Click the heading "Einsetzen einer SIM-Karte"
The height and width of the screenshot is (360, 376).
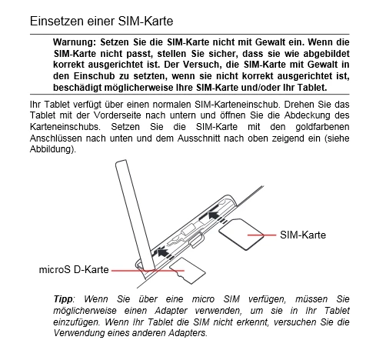tap(101, 21)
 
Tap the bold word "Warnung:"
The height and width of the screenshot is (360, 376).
tap(75, 42)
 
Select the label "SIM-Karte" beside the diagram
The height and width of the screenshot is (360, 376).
tap(303, 235)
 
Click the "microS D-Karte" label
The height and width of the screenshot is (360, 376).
tap(74, 270)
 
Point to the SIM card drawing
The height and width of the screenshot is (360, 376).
tap(241, 234)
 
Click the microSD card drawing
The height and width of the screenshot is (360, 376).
tap(188, 271)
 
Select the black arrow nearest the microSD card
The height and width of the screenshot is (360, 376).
tap(162, 253)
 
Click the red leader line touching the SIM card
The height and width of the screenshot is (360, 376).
tap(261, 235)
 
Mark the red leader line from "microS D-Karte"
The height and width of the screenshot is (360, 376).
tap(148, 270)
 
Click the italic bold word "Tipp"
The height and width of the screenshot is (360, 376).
tap(63, 299)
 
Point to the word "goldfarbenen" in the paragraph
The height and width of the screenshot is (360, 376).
tap(322, 127)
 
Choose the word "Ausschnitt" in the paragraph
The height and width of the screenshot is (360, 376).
tap(199, 138)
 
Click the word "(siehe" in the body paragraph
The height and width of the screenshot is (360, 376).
tap(337, 138)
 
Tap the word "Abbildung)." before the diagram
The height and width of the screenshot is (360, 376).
tap(53, 149)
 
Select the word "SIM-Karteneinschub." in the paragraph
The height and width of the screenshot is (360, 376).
tap(237, 105)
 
